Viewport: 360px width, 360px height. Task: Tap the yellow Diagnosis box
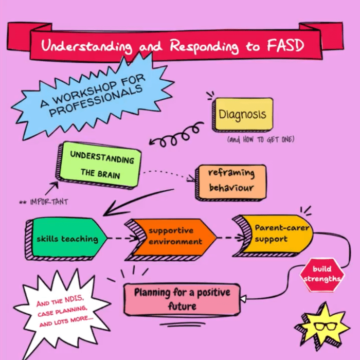pyautogui.click(x=242, y=114)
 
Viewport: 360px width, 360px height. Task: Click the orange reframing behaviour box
pyautogui.click(x=231, y=181)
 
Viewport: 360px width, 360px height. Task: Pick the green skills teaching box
pyautogui.click(x=67, y=239)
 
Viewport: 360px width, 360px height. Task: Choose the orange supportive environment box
pyautogui.click(x=175, y=236)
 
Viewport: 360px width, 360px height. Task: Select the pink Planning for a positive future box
pyautogui.click(x=183, y=300)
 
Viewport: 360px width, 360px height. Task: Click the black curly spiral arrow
pyautogui.click(x=175, y=135)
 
